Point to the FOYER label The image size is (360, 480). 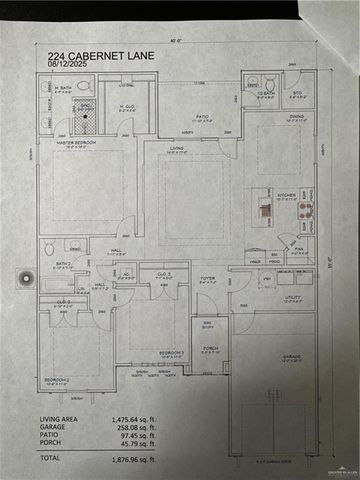(x=207, y=278)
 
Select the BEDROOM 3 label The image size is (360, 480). (x=172, y=352)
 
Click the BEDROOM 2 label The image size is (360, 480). (x=55, y=381)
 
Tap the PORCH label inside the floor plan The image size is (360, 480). (x=210, y=349)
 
